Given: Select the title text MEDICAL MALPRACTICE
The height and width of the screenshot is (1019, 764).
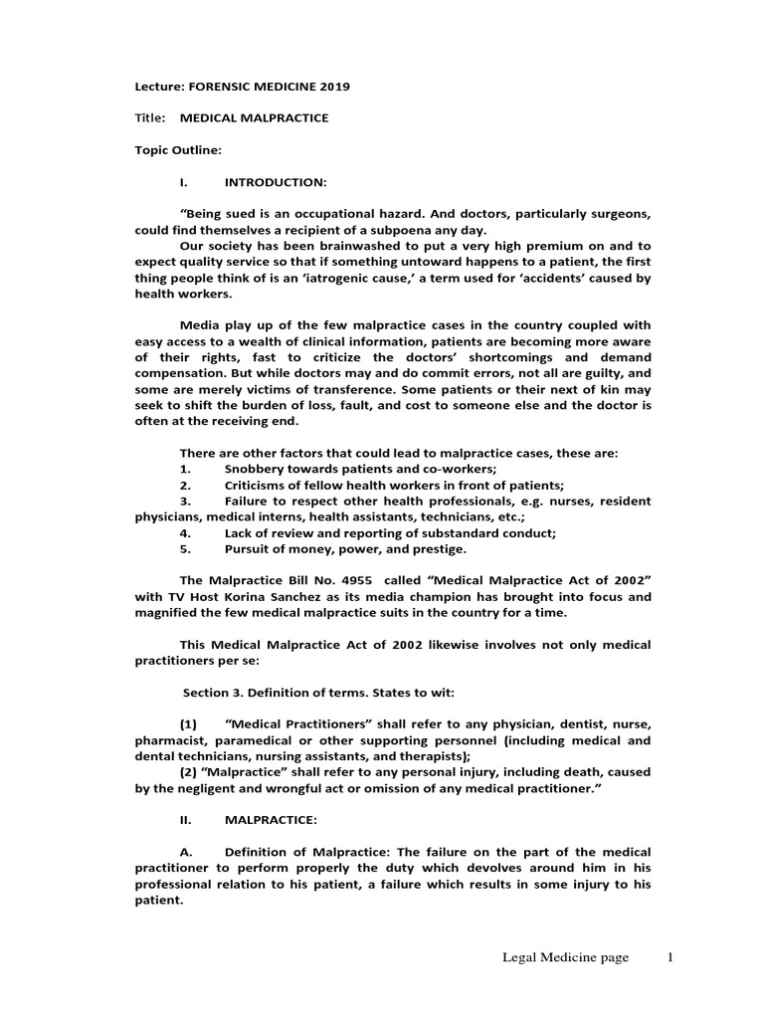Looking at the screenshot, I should (254, 118).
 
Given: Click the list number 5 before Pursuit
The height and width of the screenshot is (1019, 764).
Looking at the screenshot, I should (185, 548).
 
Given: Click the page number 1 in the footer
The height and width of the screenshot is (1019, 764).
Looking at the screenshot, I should (670, 957).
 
